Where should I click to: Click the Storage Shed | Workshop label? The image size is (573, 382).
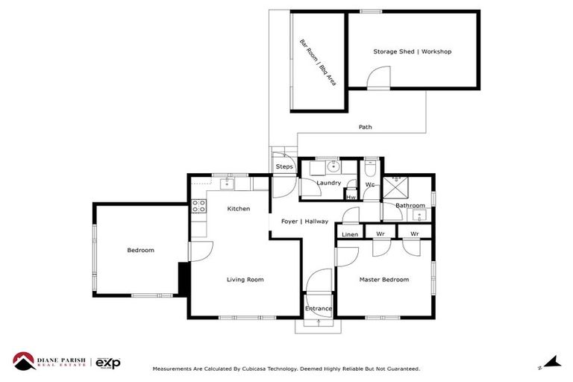412,51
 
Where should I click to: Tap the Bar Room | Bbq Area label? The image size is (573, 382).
317,63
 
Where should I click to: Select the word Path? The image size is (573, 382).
365,127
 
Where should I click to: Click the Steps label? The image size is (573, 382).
284,166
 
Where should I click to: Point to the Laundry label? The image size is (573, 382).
328,183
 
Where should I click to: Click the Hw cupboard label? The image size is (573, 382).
351,197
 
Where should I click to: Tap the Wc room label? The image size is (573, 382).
369,185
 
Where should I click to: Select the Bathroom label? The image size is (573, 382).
410,205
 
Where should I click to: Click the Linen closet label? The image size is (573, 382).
349,235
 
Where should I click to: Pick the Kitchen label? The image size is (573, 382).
239,209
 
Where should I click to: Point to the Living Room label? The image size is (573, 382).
245,280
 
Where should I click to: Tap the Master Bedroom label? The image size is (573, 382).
383,280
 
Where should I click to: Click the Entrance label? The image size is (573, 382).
319,309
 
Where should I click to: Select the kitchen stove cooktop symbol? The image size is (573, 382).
199,207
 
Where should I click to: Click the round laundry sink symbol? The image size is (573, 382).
331,167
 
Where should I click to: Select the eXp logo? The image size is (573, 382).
108,363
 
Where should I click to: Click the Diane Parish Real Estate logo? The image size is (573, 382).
48,362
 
